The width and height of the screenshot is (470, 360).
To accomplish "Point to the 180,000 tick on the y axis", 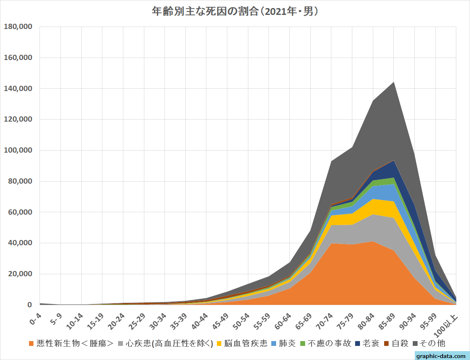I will click(x=18, y=27).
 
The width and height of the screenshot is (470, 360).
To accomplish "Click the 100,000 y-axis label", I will click(x=18, y=150).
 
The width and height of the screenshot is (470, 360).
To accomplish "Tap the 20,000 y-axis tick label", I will click(x=20, y=274).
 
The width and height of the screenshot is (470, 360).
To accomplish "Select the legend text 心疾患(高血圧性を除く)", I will click(x=169, y=343).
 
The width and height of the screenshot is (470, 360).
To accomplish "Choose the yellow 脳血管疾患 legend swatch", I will click(x=219, y=343).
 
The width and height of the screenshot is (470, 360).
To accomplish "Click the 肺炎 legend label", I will click(x=288, y=343).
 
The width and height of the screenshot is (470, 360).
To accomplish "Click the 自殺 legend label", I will click(x=400, y=343).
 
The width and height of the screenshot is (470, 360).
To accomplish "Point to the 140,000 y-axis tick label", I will click(x=18, y=89).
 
